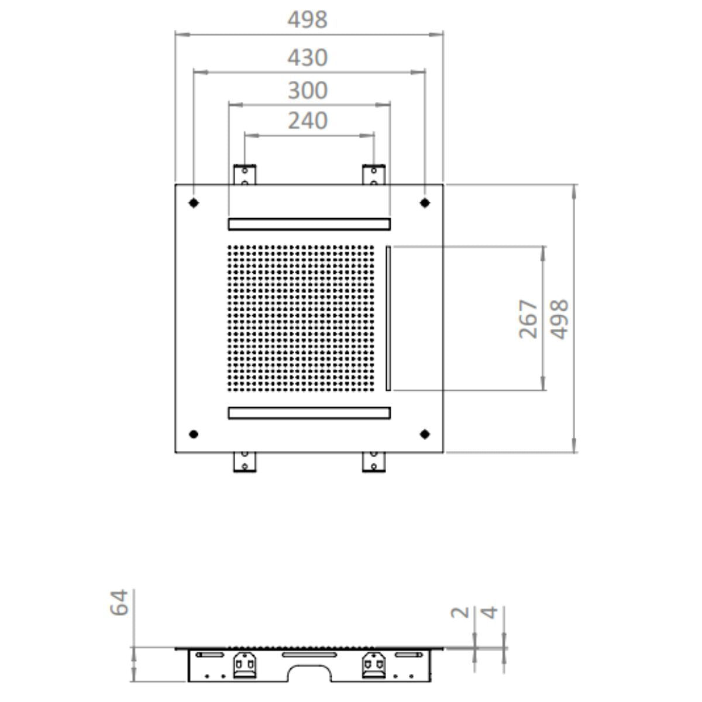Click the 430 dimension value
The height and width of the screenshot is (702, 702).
click(x=308, y=57)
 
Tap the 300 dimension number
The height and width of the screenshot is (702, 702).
click(x=308, y=90)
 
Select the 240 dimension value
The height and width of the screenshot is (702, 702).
click(x=308, y=121)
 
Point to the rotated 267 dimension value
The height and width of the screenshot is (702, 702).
click(x=528, y=319)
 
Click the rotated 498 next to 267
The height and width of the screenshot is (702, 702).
click(x=559, y=319)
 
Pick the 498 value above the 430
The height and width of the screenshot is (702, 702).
click(x=308, y=20)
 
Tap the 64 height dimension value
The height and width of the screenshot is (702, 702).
click(x=119, y=603)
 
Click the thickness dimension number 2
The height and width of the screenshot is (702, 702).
click(x=460, y=612)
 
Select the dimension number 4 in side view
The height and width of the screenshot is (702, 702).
click(x=489, y=612)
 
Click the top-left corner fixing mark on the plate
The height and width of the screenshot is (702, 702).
click(x=194, y=203)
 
